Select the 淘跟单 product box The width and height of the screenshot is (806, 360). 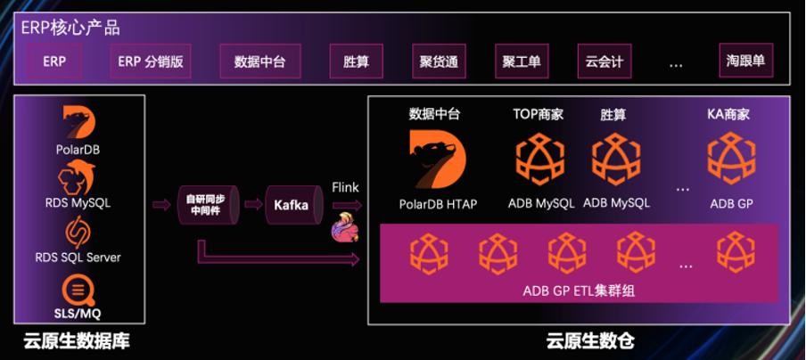point(745,62)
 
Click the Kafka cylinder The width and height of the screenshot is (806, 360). point(290,206)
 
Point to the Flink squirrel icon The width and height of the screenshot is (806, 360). point(346,227)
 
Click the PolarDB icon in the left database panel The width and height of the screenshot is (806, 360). point(78,123)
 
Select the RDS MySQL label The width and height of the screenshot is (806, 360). point(78,203)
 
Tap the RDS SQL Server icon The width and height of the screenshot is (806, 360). point(78,233)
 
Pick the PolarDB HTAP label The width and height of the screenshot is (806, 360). point(438,204)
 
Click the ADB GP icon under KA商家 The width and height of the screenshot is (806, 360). point(731,159)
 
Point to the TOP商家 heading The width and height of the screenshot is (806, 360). point(539,114)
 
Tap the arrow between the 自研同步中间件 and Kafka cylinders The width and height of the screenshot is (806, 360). point(252,206)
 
